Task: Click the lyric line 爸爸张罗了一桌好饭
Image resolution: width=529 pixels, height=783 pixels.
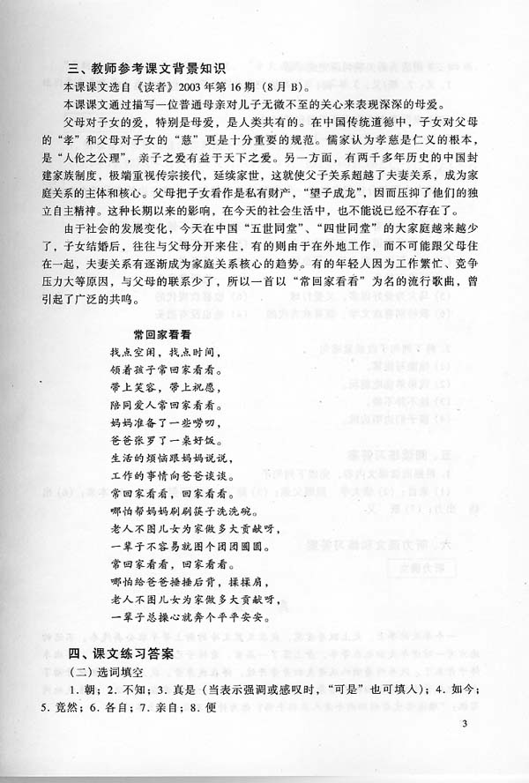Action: coord(168,436)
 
